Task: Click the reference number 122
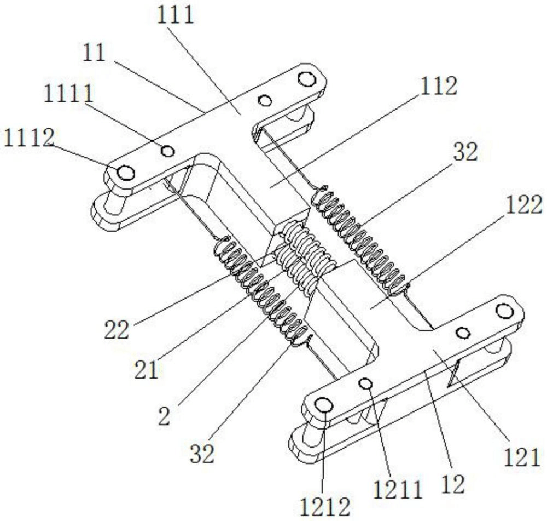click(x=525, y=205)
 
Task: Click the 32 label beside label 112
click(x=464, y=153)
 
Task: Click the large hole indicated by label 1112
click(x=126, y=173)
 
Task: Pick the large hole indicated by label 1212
click(x=324, y=406)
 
